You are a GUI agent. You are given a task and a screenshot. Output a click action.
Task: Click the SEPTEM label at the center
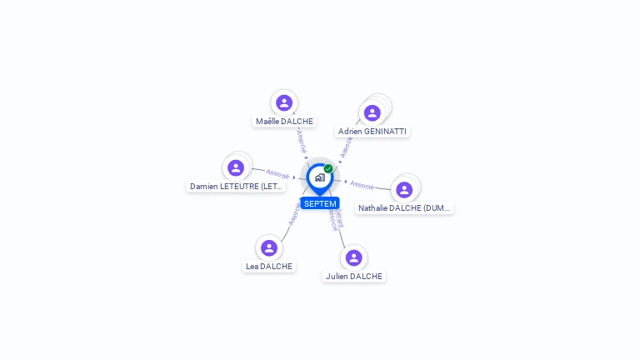point(320,203)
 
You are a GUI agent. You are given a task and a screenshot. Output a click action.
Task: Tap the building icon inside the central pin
point(319,177)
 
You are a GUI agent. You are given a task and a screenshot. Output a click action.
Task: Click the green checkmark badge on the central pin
point(328,169)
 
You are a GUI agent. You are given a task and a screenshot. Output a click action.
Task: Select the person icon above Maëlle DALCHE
point(284,102)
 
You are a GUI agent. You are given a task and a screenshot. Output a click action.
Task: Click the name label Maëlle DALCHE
point(284,121)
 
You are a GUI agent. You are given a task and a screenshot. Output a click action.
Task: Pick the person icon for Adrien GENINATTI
point(372,112)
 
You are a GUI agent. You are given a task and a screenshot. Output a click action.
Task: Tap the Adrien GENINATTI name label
point(373,132)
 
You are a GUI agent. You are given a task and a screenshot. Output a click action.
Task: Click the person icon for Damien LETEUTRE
point(236,167)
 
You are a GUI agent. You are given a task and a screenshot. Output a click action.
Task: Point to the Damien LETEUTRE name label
point(237,187)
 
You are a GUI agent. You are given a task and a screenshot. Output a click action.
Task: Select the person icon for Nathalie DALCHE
point(404,189)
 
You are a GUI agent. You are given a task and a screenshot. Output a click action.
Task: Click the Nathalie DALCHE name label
point(405,207)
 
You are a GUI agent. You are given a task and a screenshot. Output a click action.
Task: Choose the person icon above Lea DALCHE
point(269,247)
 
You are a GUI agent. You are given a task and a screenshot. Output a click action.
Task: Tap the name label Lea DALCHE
point(269,267)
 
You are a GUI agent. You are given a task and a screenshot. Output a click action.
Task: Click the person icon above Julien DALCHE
point(354,257)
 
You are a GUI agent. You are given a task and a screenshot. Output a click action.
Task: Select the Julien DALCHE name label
point(354,276)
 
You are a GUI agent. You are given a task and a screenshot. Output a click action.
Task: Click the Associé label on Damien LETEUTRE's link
point(277,174)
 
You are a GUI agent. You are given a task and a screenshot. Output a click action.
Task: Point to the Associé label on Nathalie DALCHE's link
point(362,184)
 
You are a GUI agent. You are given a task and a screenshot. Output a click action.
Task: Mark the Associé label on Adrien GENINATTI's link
point(347,147)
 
